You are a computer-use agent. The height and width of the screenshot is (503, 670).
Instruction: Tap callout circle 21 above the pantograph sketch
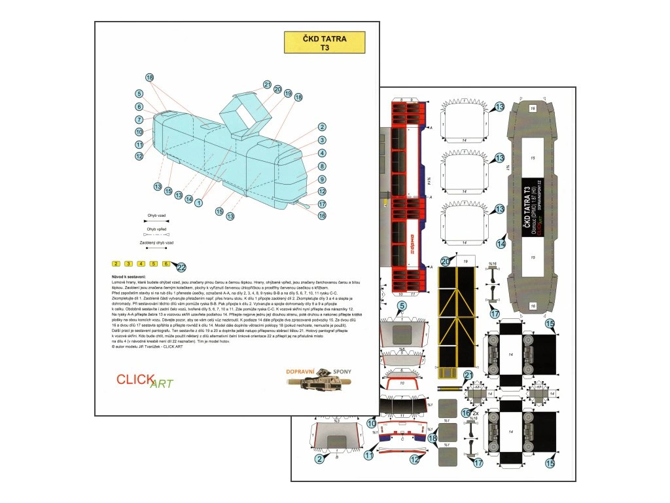click(267, 84)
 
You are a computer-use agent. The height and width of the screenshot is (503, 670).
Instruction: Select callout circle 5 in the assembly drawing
click(139, 94)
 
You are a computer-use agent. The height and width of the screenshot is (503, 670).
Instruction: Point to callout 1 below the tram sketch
click(198, 203)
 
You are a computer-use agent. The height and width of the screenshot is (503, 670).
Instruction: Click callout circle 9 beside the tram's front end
click(322, 179)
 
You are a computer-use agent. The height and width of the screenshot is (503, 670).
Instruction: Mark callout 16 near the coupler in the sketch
click(322, 215)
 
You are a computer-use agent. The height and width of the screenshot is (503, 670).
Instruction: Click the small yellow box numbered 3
click(129, 264)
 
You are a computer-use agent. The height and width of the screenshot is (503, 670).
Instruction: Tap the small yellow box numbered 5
click(154, 264)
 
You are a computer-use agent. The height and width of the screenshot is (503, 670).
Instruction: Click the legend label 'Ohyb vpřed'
click(156, 229)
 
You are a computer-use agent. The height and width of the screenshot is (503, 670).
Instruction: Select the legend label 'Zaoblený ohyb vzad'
click(156, 243)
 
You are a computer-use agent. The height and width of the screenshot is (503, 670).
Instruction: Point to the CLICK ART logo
click(144, 381)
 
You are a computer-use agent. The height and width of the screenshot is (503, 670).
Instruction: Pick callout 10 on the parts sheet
click(372, 424)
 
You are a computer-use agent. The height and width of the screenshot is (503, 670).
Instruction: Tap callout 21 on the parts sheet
click(468, 375)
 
